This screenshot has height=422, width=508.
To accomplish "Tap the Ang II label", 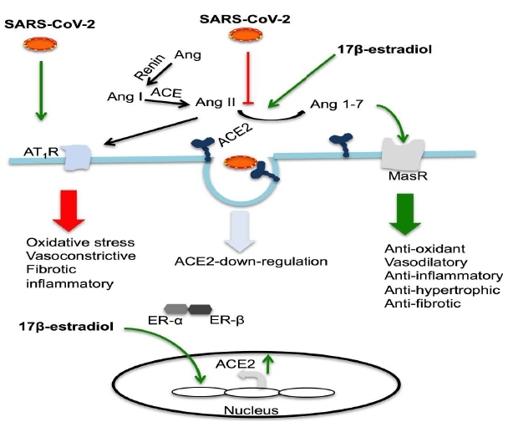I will (x=212, y=102).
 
